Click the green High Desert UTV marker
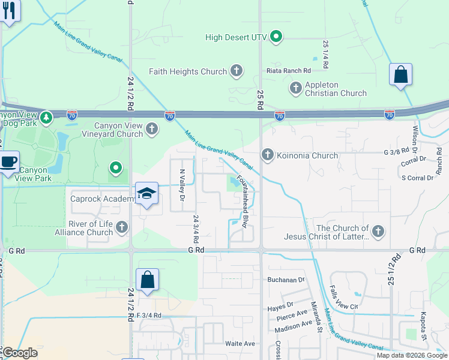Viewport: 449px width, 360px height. click(276, 37)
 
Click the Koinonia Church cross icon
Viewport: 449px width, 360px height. click(267, 155)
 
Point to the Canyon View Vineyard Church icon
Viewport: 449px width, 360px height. click(152, 128)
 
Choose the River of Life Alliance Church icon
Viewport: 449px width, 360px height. click(122, 227)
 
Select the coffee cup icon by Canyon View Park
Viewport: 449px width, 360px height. click(9, 162)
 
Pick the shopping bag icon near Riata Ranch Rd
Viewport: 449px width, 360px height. click(400, 76)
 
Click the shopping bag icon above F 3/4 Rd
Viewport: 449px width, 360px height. click(147, 280)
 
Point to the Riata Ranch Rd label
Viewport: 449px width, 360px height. click(291, 70)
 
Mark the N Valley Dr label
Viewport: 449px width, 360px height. click(182, 184)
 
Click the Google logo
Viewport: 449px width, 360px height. click(19, 353)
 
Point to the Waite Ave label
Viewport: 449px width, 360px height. click(240, 344)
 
